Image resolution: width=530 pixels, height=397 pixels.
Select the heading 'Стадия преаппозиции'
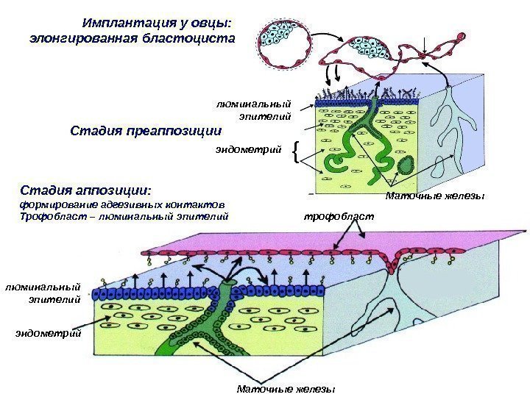tap(145, 132)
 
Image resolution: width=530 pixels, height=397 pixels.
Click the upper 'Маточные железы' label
tap(435, 196)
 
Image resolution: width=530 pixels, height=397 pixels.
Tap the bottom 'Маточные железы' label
tap(286, 388)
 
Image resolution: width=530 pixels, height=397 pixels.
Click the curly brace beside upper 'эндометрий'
tap(295, 152)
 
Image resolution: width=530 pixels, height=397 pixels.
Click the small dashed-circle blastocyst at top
tap(278, 43)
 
